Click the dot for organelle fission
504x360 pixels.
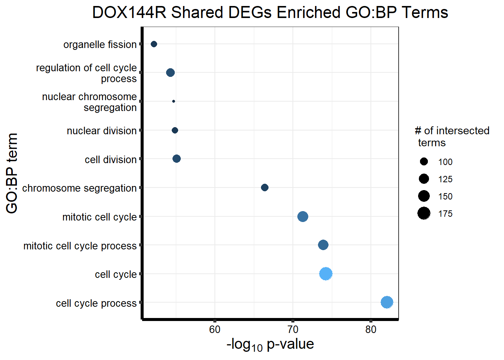(154, 44)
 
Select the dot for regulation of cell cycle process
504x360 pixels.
(170, 72)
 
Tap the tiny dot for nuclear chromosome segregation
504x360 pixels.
(174, 101)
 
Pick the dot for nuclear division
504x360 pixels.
(175, 130)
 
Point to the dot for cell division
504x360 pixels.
(177, 159)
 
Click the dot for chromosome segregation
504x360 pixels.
(265, 187)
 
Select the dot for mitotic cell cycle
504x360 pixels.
(303, 216)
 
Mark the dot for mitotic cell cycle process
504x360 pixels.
(323, 245)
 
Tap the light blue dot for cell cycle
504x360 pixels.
(326, 274)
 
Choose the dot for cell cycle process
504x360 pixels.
(387, 302)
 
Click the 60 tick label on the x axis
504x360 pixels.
(215, 330)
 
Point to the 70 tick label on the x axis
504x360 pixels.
(293, 330)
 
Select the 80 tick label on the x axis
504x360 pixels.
(371, 330)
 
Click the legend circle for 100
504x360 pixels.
(424, 162)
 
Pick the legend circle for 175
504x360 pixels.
(424, 213)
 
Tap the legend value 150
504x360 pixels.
(445, 196)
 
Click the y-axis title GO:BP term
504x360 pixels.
(12, 173)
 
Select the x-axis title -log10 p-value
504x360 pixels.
(270, 344)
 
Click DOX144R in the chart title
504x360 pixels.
(129, 13)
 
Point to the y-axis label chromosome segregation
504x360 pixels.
(79, 188)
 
